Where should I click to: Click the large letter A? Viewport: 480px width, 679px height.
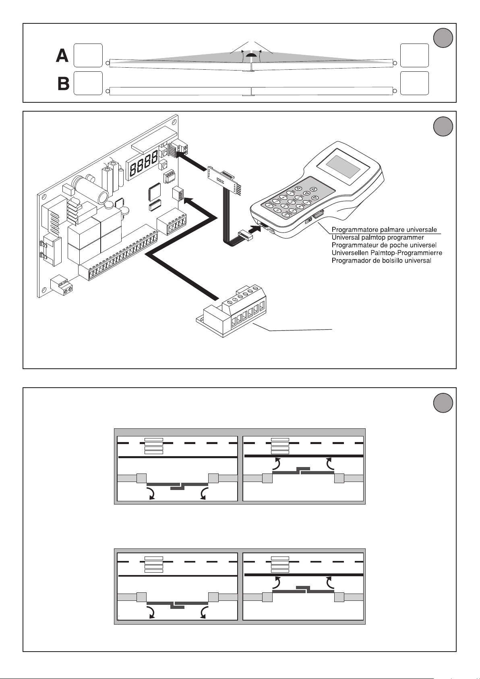62,55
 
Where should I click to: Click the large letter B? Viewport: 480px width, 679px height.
63,83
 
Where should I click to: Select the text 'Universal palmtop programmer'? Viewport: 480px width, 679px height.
377,237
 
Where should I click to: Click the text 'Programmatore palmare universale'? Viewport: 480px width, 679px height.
384,230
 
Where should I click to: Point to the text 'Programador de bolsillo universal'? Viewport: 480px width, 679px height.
381,260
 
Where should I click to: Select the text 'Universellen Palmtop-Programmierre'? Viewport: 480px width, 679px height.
387,253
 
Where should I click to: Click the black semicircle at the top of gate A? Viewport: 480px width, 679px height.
251,56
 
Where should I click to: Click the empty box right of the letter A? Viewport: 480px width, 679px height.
88,55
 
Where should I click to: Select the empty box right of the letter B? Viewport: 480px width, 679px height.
88,83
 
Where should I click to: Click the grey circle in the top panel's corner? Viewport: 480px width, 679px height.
443,38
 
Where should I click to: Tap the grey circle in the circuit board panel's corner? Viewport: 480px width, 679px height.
443,127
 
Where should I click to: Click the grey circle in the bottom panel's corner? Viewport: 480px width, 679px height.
443,403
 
